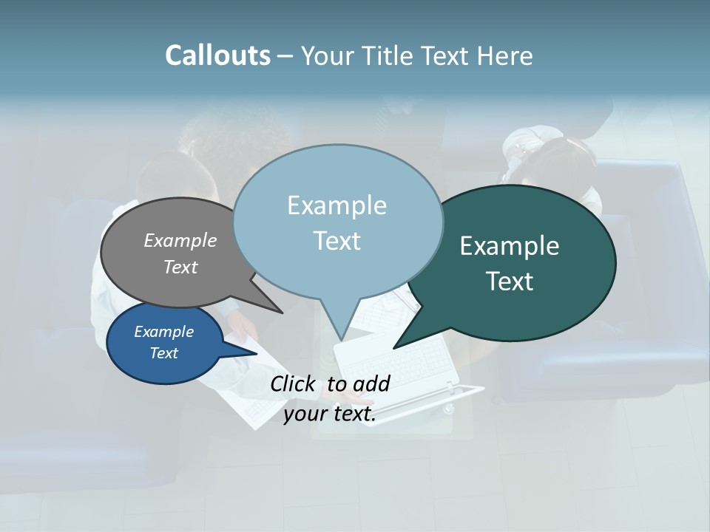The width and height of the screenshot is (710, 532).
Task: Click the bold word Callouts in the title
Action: [217, 55]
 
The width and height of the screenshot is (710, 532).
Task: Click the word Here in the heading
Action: [505, 56]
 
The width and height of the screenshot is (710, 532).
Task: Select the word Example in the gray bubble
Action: [180, 240]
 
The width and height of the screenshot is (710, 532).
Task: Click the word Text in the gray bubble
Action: [180, 267]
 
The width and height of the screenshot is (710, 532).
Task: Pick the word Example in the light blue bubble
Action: [337, 205]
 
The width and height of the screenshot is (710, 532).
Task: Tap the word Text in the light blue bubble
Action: [337, 240]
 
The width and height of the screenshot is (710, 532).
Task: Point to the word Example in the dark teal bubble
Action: [510, 245]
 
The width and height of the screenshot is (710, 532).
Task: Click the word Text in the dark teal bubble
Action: [510, 281]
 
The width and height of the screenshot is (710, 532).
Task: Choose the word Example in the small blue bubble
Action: [163, 332]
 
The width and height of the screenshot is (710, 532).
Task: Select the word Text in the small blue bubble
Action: [163, 353]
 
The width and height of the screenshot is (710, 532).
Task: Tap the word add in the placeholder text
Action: [371, 383]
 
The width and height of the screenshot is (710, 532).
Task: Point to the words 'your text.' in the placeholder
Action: [330, 414]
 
